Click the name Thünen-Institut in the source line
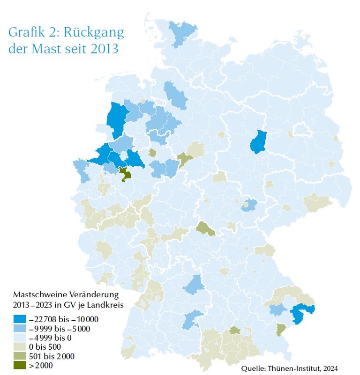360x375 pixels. click(296, 368)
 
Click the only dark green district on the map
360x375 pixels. click(125, 175)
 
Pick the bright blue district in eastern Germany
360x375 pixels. click(257, 142)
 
